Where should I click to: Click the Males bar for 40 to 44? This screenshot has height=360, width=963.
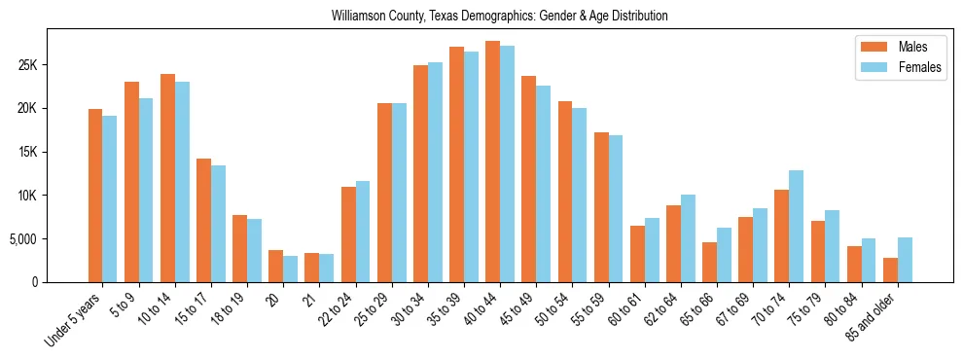pos(493,162)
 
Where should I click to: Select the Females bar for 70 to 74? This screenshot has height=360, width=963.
pos(797,226)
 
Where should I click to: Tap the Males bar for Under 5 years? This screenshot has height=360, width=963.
pos(95,196)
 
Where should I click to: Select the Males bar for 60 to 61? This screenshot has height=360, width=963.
pos(637,254)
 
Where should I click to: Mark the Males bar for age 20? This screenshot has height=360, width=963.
pos(276,266)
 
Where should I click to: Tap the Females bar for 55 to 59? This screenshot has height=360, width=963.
pos(616,208)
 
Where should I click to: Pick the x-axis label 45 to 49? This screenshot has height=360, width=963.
pos(514,307)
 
